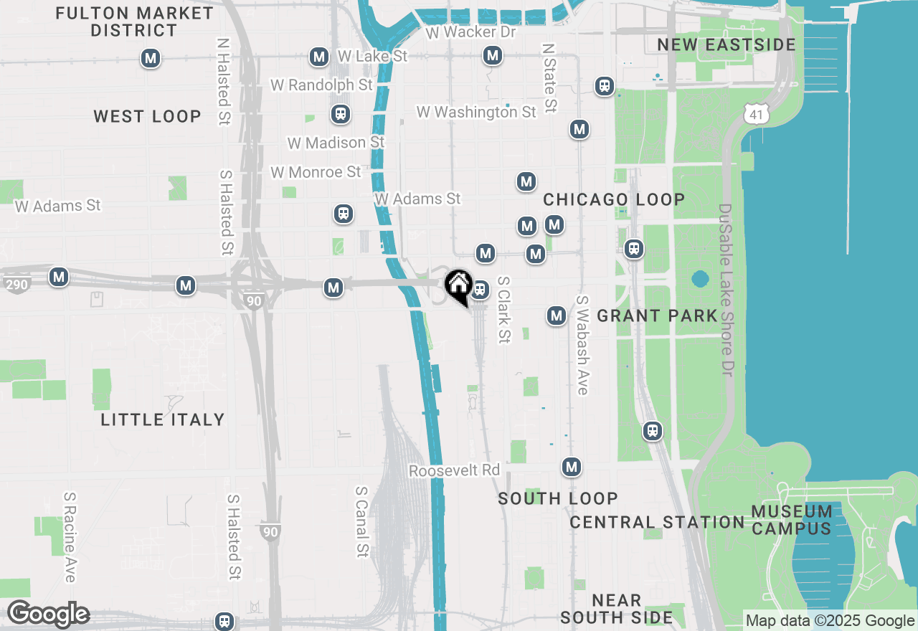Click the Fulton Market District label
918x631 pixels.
[134, 22]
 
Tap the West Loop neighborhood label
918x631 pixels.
[147, 117]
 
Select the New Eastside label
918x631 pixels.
[727, 45]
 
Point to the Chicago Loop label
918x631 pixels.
[614, 199]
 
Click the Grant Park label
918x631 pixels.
[657, 315]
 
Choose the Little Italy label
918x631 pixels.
[163, 419]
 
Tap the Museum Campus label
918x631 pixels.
[792, 521]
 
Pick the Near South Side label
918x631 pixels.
[617, 609]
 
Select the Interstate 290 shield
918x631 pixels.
[16, 285]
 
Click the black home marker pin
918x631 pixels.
[458, 286]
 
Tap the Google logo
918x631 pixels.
[48, 615]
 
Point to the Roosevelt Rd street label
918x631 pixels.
[454, 470]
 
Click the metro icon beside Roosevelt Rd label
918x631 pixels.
[571, 468]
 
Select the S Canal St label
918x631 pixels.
[362, 521]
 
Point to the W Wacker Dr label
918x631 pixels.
[470, 33]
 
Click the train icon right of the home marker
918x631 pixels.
[480, 290]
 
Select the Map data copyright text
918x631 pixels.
[830, 621]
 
